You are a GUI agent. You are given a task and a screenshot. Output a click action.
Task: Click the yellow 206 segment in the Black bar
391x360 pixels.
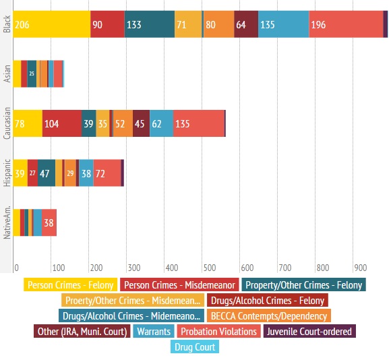(52, 25)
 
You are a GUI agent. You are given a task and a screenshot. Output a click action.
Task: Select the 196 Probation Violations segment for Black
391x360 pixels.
(346, 25)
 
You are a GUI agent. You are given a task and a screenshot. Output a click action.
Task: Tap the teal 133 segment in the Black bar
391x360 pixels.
(149, 25)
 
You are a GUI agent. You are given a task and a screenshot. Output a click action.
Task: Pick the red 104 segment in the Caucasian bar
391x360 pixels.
(62, 123)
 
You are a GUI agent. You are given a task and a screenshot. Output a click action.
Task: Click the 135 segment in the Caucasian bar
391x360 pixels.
(199, 123)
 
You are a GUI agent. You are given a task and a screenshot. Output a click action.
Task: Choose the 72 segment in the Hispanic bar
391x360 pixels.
(107, 173)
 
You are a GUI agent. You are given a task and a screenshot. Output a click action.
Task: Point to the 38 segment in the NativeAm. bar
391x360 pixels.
(49, 222)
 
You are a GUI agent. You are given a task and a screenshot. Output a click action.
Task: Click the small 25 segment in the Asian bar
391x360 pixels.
(31, 73)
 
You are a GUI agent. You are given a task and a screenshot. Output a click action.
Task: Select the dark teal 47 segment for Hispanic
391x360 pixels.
(47, 173)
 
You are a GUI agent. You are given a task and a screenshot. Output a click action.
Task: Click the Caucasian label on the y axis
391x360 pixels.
(6, 123)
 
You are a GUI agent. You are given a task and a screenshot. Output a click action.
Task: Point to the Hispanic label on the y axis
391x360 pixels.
(6, 173)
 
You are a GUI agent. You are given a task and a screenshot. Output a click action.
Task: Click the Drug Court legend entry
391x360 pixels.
(195, 347)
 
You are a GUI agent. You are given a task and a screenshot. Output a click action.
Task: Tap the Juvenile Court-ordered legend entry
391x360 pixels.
(310, 331)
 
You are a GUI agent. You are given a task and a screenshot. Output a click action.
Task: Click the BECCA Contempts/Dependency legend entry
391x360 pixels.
(269, 316)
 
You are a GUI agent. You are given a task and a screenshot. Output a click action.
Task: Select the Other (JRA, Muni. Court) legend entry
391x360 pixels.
(80, 331)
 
